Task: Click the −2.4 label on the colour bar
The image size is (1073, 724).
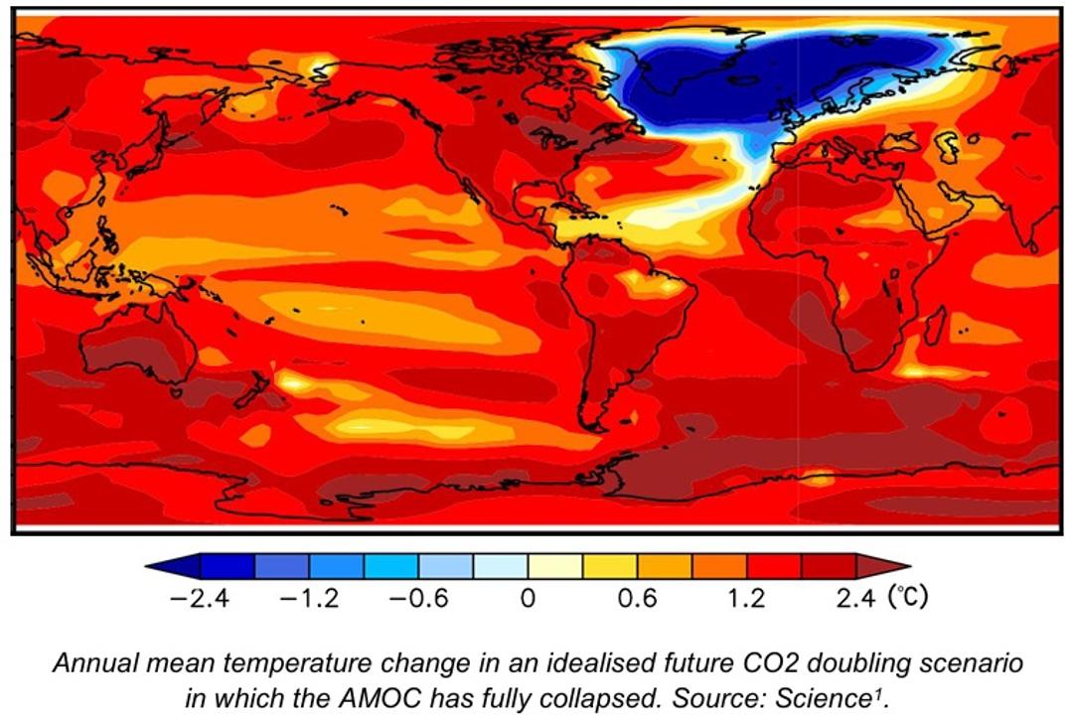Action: pos(200,599)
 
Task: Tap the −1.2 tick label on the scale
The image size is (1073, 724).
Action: pos(310,599)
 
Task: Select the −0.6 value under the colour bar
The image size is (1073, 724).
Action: pos(419,599)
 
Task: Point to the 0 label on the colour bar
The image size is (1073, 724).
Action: pos(528,599)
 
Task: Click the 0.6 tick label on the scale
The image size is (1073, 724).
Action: pos(637,599)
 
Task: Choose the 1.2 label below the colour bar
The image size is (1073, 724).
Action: pos(746,599)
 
